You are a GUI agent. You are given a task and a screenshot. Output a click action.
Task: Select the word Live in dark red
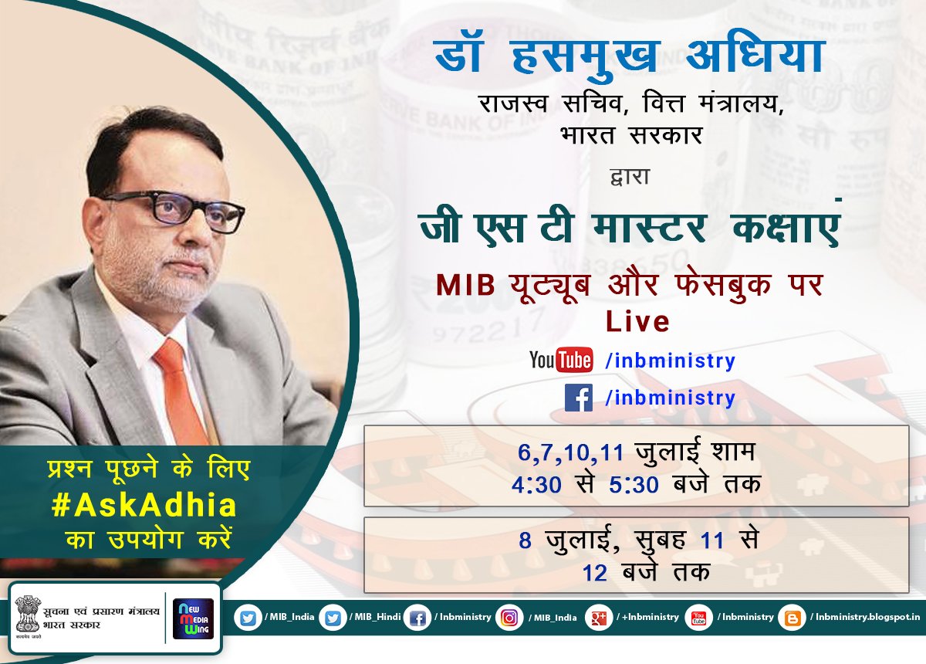point(637,321)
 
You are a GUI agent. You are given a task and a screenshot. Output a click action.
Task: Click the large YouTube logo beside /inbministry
point(561,361)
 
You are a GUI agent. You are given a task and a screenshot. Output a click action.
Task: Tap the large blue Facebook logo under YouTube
point(578,398)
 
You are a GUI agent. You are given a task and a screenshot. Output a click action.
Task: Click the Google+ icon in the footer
point(598,618)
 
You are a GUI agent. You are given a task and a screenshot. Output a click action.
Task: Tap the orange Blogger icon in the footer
point(793,618)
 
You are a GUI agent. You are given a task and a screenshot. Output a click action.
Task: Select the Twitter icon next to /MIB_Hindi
point(333,618)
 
